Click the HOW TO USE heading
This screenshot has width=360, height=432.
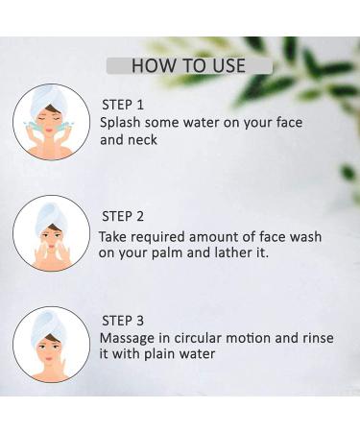(x=188, y=65)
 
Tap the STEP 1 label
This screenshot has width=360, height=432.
(x=123, y=105)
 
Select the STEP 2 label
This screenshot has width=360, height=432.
(x=123, y=216)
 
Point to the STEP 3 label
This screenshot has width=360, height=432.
(x=123, y=321)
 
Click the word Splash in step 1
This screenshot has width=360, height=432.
(x=120, y=123)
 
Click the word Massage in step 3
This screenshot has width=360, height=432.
(x=127, y=339)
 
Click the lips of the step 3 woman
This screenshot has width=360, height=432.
(x=49, y=358)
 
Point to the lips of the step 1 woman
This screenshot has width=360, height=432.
(x=49, y=131)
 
